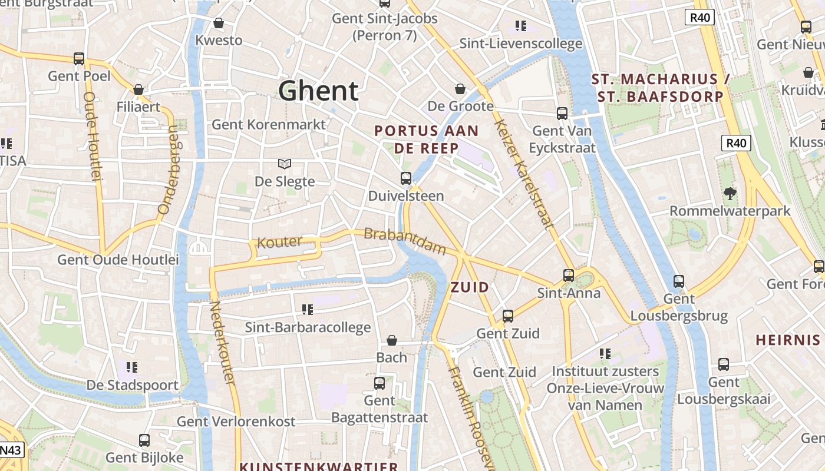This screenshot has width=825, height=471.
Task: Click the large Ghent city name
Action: [x=318, y=91]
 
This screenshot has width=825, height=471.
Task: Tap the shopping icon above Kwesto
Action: [x=219, y=23]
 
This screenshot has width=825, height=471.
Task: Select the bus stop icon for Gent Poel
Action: [x=79, y=59]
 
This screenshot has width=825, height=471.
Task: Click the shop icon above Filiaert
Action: [x=138, y=89]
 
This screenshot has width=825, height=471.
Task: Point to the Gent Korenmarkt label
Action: [x=268, y=124]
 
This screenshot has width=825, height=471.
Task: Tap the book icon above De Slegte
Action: [x=285, y=164]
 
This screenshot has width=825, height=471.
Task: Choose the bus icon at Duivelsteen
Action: [x=406, y=178]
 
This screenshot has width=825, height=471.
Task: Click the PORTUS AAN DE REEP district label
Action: [x=427, y=140]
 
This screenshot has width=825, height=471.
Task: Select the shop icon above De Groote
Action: [x=460, y=89]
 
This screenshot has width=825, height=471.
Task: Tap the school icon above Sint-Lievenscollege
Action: [x=520, y=25]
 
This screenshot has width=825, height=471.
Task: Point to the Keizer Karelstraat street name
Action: [x=524, y=174]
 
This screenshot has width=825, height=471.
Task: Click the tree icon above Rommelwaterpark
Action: [x=730, y=193]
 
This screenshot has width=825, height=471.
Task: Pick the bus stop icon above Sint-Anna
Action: [x=569, y=275]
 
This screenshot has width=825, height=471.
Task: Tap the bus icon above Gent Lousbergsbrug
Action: [x=679, y=281]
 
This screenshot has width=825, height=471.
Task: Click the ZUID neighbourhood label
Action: [x=470, y=287]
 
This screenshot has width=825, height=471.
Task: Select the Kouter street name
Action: [x=279, y=241]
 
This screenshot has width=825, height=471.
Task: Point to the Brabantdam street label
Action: [x=405, y=241]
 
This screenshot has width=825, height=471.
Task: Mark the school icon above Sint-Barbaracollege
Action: [x=308, y=309]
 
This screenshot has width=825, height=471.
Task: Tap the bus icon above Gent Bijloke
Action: [x=144, y=440]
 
